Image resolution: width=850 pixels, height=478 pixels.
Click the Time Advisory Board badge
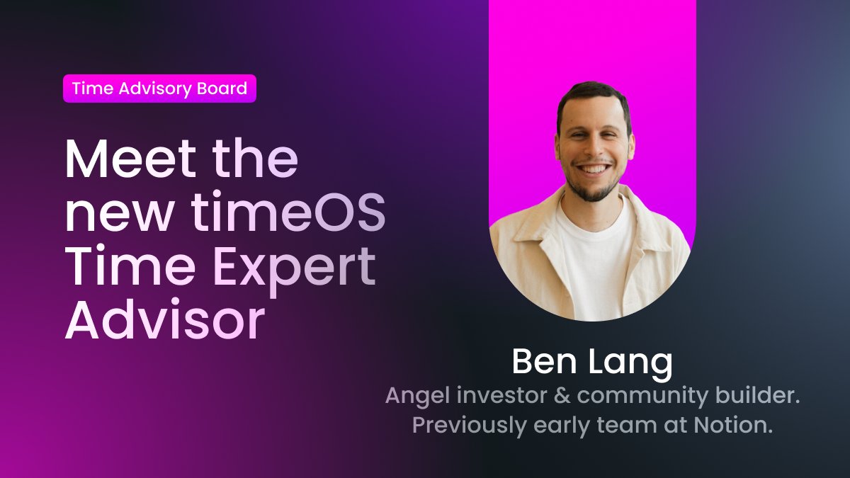[159, 89]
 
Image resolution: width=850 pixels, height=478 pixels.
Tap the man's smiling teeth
[594, 171]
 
